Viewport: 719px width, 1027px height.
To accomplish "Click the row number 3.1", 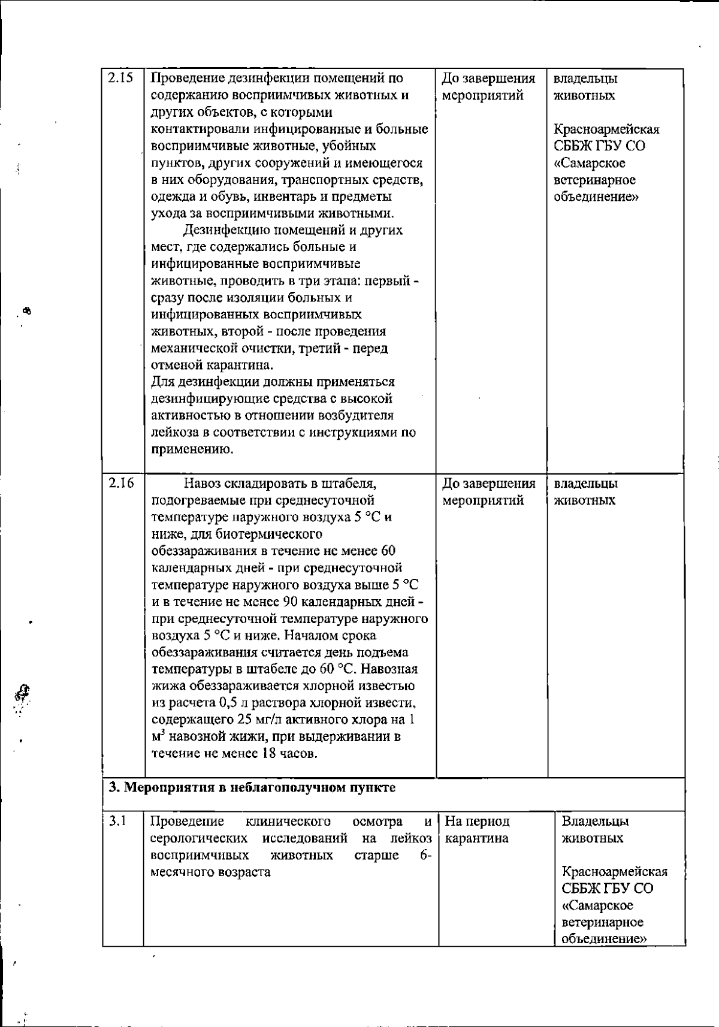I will click(117, 821).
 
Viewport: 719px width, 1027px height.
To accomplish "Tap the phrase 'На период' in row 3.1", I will click(478, 821).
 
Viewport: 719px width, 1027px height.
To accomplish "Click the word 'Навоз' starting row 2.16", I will click(203, 483).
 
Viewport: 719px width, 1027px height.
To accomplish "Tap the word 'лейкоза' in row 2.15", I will click(173, 433).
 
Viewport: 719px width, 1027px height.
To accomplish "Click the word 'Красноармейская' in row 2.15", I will click(606, 129).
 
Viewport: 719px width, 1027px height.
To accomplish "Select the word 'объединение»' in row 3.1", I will click(605, 939).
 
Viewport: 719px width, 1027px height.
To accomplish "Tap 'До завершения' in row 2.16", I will click(489, 484).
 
